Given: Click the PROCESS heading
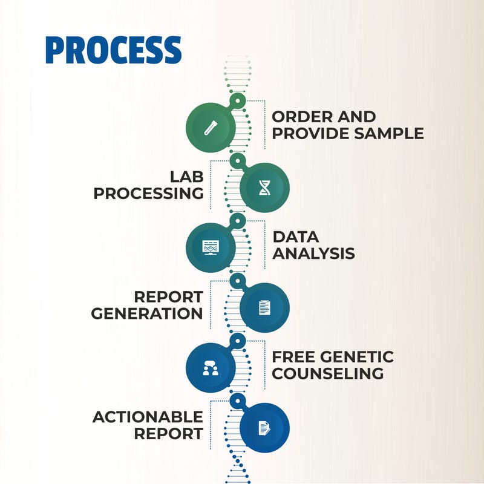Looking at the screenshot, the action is pos(113,50).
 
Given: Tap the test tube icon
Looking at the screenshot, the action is pos(211,128).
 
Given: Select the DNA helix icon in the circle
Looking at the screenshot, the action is pos(264,188).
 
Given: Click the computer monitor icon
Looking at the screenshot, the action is pos(211,247).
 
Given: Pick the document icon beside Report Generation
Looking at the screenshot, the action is pos(264,308).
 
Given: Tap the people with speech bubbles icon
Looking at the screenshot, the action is pos(211,368).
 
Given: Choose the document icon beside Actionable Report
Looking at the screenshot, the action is pos(264,428).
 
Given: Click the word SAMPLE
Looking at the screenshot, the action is pos(388,133).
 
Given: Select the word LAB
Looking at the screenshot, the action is pos(187,177).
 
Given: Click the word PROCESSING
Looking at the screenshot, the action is pos(148,194).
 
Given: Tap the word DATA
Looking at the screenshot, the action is pos(295,237).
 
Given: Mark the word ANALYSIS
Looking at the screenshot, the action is pos(313,253).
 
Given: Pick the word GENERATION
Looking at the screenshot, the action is pos(147,313).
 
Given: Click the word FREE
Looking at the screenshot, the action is pos(294,357).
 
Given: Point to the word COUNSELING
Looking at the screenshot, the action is pos(328,373).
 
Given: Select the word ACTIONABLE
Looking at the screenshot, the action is pos(148,417).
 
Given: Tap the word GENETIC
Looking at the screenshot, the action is pos(357,357).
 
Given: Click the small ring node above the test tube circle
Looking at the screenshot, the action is pos(237,101).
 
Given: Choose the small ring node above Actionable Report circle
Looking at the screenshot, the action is pos(237,401).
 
